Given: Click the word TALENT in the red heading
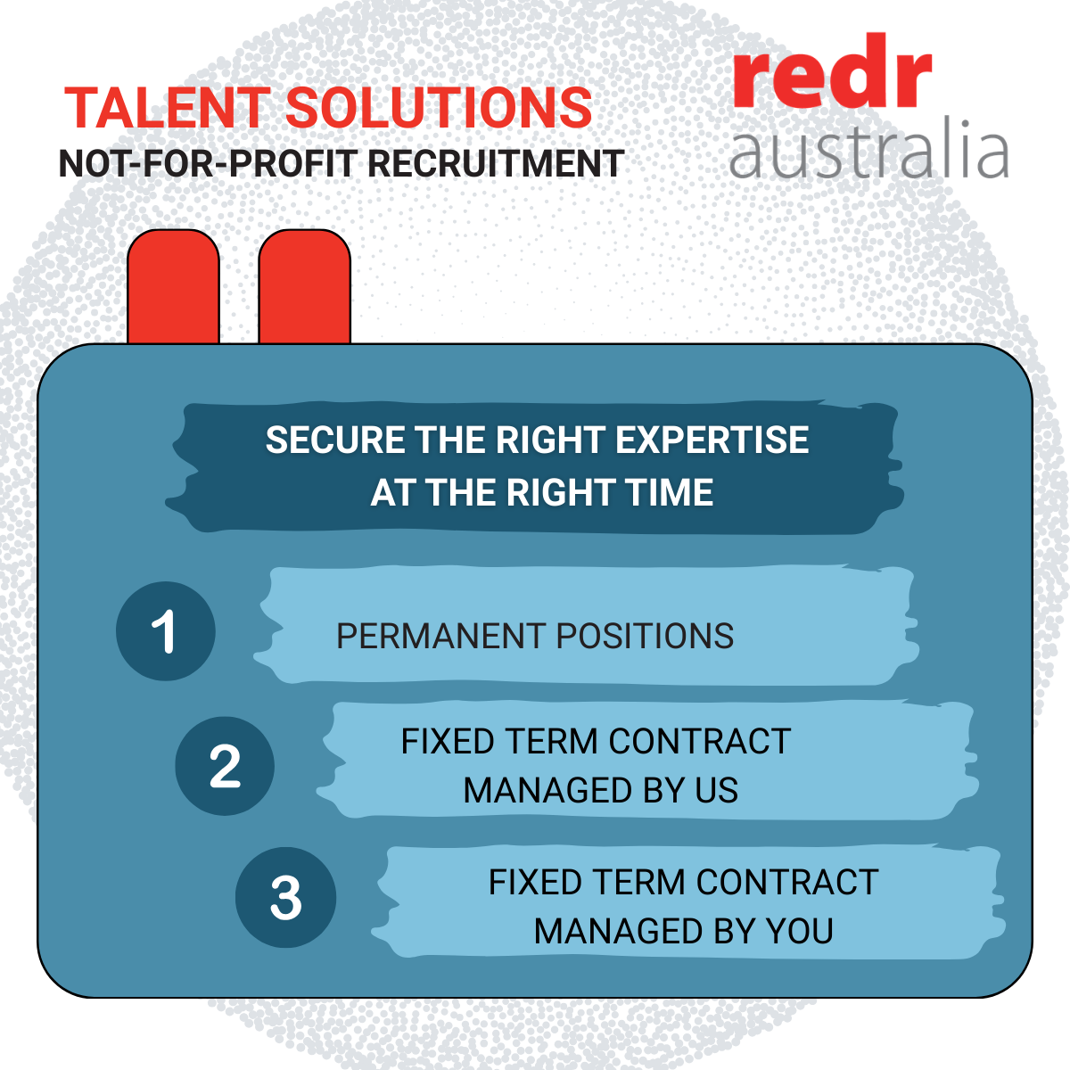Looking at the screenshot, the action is pos(168,108).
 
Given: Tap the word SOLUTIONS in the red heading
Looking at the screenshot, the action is pos(439,108).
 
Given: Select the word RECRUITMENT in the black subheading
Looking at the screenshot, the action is pos(496,163).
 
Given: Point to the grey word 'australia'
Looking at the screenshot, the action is pos(868,148).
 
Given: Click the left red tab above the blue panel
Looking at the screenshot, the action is pos(173,287).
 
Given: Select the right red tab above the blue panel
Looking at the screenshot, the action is pos(304,287).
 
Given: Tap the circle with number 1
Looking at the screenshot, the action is pos(166,630).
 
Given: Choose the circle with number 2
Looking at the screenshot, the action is pos(225,766).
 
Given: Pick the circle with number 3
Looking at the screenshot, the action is pos(285,897).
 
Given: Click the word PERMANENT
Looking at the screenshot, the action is pos(441,636).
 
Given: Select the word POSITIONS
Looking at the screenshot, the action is pos(645,636).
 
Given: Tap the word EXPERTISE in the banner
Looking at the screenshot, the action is pos(712,440).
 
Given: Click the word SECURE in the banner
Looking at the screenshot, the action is pos(335,440).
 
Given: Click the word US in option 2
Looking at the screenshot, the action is pos(716,790).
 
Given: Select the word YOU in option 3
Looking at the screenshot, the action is pos(800,931).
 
